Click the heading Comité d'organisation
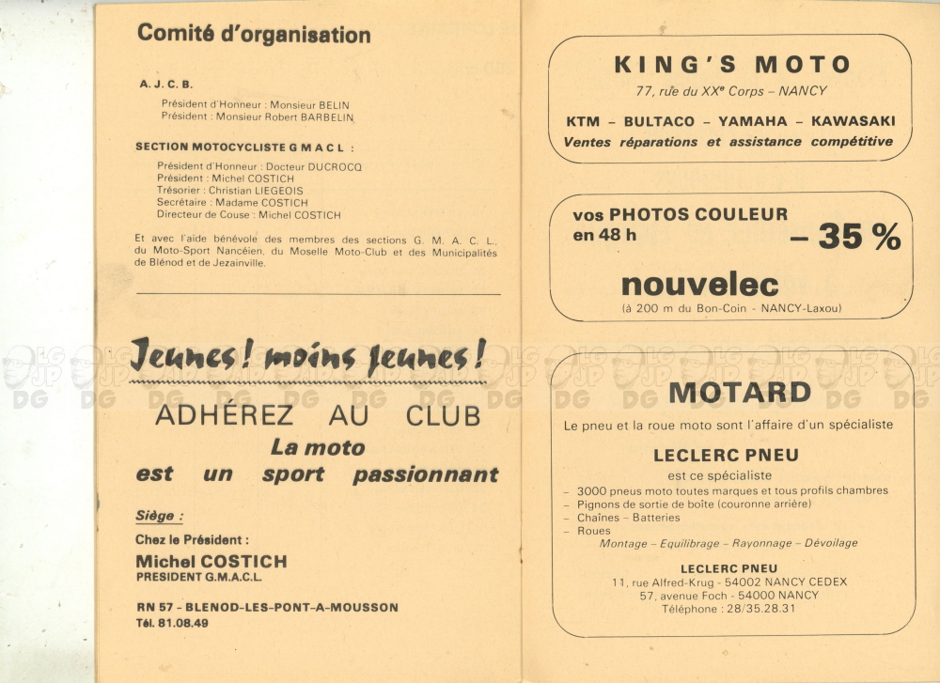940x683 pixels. click(x=254, y=35)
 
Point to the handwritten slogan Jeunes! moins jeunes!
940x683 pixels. click(x=308, y=357)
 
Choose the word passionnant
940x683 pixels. click(x=425, y=474)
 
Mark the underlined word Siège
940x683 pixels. click(x=158, y=516)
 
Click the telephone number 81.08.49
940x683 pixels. click(x=185, y=622)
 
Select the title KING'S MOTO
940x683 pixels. click(x=732, y=65)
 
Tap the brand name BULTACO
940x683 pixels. click(x=658, y=121)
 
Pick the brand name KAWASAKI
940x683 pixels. click(x=853, y=121)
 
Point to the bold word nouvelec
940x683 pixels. click(x=699, y=284)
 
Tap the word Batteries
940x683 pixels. click(x=656, y=518)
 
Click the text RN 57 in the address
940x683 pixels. click(x=151, y=607)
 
